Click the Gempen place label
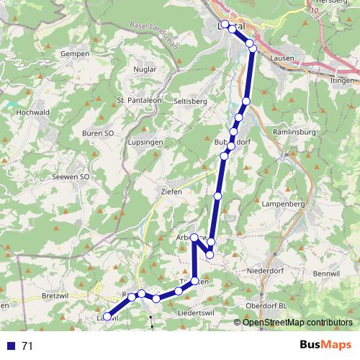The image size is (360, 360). [75, 54]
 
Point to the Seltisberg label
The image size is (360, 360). [190, 102]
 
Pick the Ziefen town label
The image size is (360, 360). [171, 192]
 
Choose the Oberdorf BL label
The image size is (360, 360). [266, 305]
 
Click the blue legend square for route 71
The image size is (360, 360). [10, 346]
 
